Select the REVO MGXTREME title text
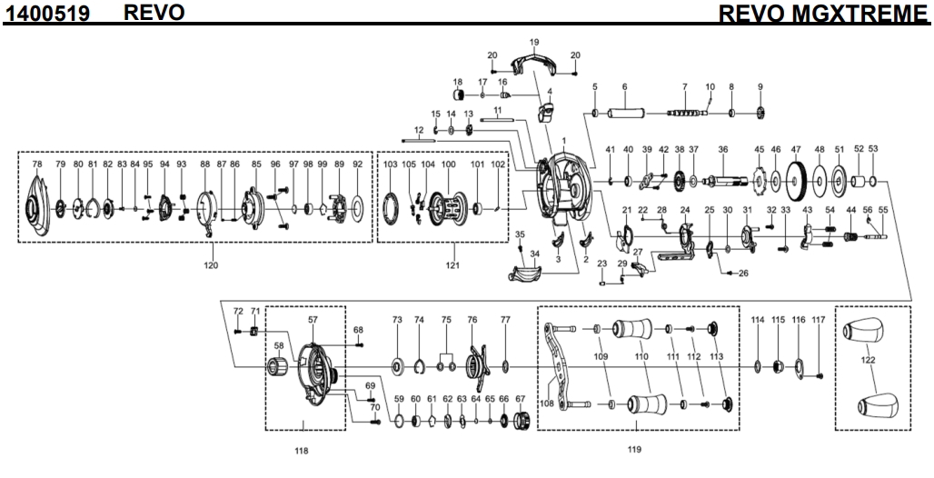pyautogui.click(x=823, y=14)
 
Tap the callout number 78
pyautogui.click(x=37, y=164)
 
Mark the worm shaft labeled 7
pyautogui.click(x=686, y=113)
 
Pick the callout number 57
pyautogui.click(x=313, y=321)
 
